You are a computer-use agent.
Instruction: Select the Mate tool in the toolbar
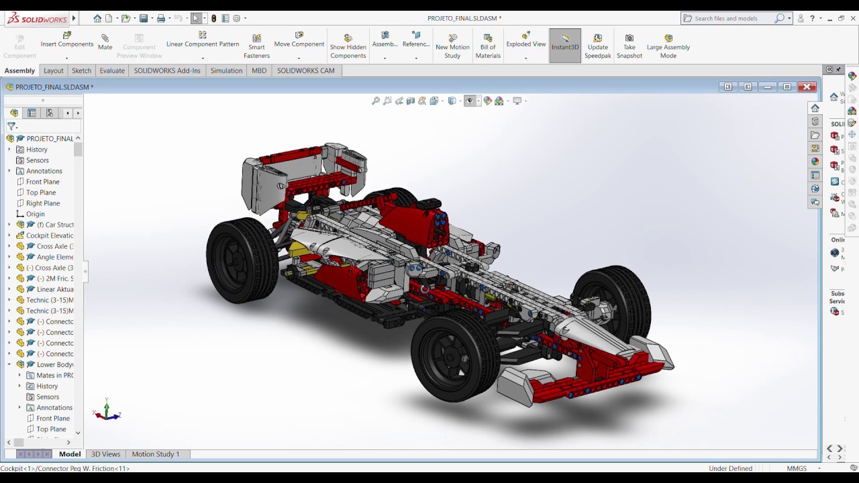click(x=105, y=42)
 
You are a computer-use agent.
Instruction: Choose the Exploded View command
click(x=526, y=40)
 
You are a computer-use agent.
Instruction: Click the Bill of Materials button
click(x=488, y=46)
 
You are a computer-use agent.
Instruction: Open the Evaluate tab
click(x=112, y=70)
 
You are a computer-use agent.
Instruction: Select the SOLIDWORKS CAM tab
click(x=305, y=70)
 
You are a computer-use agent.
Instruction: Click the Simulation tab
click(x=226, y=70)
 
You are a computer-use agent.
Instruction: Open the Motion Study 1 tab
click(x=155, y=454)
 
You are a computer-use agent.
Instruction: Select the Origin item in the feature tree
click(x=35, y=214)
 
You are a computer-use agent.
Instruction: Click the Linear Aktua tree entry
click(x=55, y=289)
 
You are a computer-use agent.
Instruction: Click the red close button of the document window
click(x=808, y=87)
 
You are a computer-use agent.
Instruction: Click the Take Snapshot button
click(x=629, y=46)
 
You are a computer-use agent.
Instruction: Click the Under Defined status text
click(x=730, y=468)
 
